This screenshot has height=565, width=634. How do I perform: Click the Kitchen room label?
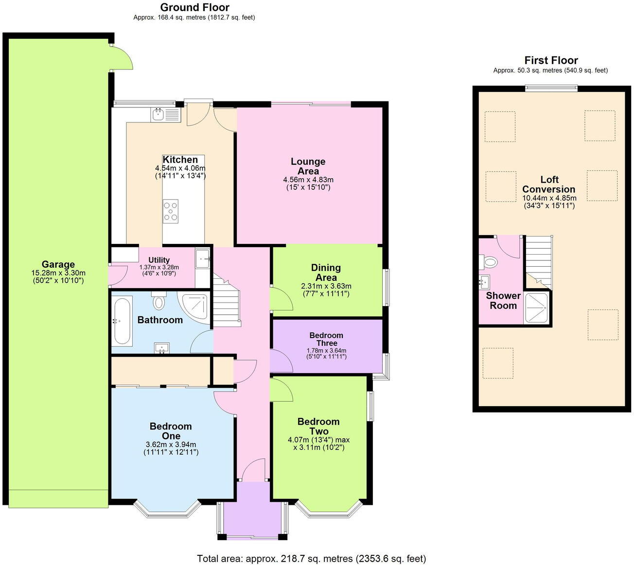tap(180, 160)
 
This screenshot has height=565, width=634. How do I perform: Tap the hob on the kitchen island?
tap(171, 211)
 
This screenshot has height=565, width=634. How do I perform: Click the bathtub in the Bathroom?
tap(122, 321)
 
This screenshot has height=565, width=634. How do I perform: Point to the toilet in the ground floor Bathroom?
tap(158, 302)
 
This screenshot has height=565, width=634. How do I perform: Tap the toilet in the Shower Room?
tap(490, 262)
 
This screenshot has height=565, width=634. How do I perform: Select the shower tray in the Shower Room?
tap(537, 308)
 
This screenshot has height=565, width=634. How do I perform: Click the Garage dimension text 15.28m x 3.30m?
tap(58, 273)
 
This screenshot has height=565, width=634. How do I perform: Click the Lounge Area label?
tap(308, 166)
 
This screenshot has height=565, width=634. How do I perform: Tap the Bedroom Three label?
tap(326, 339)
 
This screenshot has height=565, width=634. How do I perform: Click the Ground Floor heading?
tap(194, 7)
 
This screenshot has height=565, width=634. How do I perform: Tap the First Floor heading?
tap(551, 61)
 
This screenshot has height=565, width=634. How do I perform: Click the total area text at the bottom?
tap(311, 559)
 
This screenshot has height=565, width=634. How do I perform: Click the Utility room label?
tap(159, 260)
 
